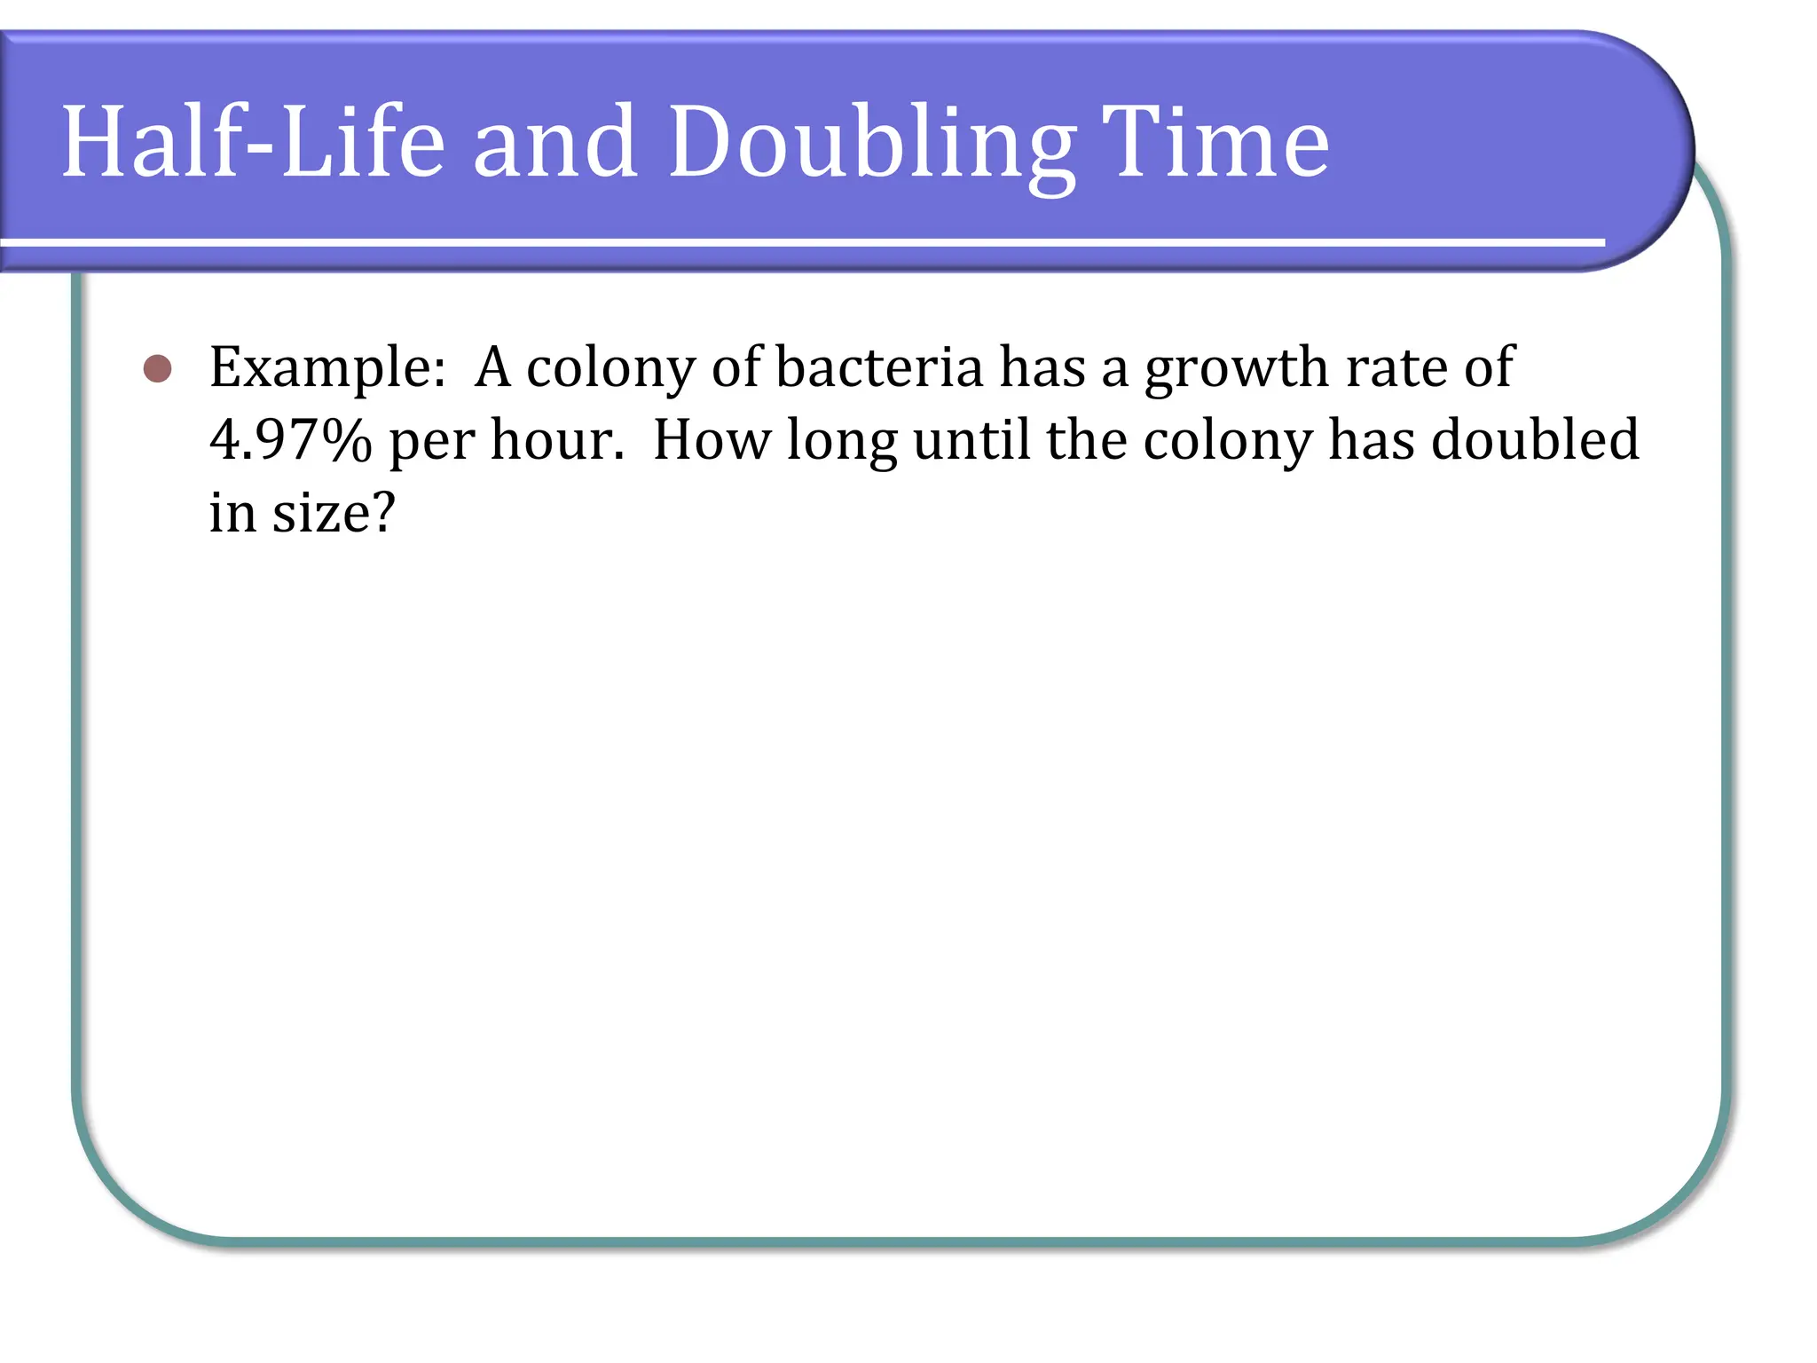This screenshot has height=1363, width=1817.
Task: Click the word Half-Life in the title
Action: tap(253, 142)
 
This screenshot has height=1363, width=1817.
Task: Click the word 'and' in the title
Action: tap(555, 142)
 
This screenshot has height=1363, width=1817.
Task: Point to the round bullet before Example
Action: tap(157, 368)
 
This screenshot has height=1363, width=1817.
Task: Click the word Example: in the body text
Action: tap(327, 368)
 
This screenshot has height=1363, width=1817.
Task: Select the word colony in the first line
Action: tap(610, 368)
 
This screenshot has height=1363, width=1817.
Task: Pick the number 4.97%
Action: tap(290, 440)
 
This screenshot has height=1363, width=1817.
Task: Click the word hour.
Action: tap(557, 440)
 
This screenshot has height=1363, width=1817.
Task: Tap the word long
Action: tap(841, 442)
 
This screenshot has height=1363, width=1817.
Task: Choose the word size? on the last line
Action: tap(333, 513)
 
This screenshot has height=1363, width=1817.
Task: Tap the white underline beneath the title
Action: tap(798, 242)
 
